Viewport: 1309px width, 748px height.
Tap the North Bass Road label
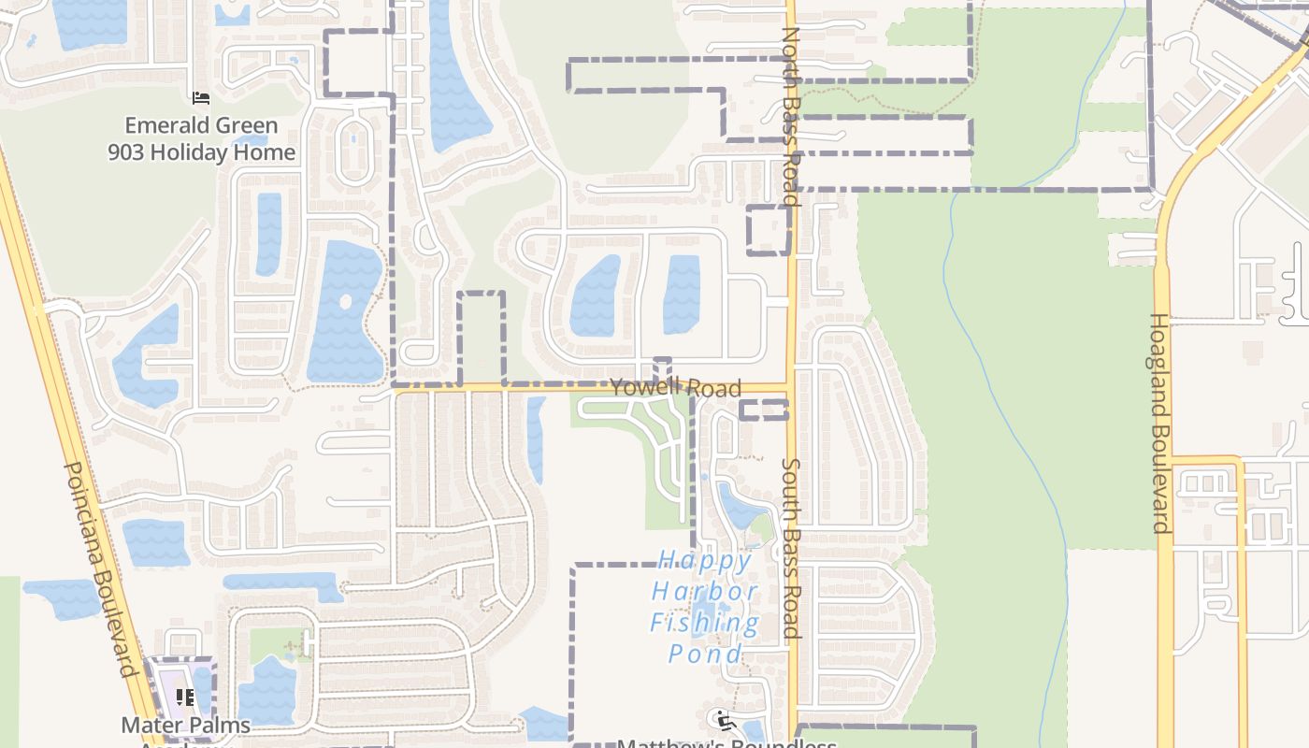791,116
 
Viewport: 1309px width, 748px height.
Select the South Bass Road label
791,548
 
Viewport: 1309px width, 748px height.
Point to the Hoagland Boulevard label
1159,423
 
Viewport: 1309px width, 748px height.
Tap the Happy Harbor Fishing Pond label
705,607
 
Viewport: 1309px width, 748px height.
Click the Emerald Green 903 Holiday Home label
201,138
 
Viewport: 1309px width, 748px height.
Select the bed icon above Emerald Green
200,98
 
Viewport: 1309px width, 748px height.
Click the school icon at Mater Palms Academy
185,697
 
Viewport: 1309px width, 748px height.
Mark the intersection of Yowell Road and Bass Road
791,386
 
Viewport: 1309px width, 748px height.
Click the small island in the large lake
346,302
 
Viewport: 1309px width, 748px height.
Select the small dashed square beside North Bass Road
769,230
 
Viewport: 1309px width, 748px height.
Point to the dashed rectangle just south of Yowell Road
764,410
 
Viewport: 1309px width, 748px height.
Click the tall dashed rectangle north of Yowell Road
482,338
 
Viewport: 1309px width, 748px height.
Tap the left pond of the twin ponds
595,296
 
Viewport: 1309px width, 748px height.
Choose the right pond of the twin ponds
682,295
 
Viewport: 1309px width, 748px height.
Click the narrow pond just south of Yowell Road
536,439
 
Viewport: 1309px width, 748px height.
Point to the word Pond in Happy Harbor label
705,654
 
